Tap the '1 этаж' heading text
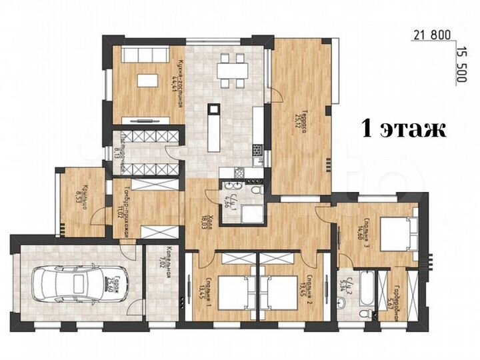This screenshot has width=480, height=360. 404,128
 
